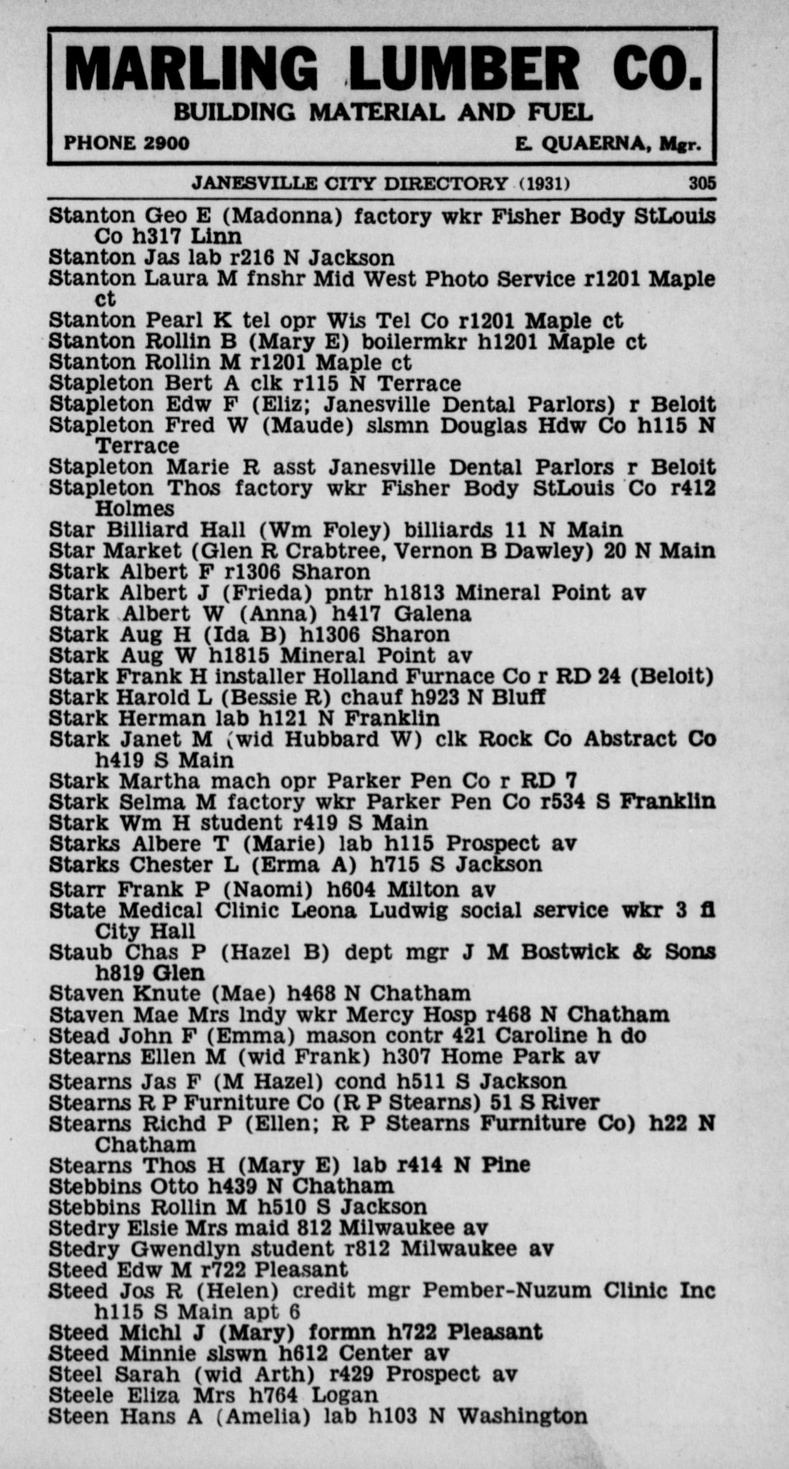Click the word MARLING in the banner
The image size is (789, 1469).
[191, 70]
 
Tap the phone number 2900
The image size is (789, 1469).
[166, 143]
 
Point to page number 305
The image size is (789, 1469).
[702, 183]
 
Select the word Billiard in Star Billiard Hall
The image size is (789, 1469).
[146, 530]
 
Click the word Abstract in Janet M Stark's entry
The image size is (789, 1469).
[631, 739]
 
